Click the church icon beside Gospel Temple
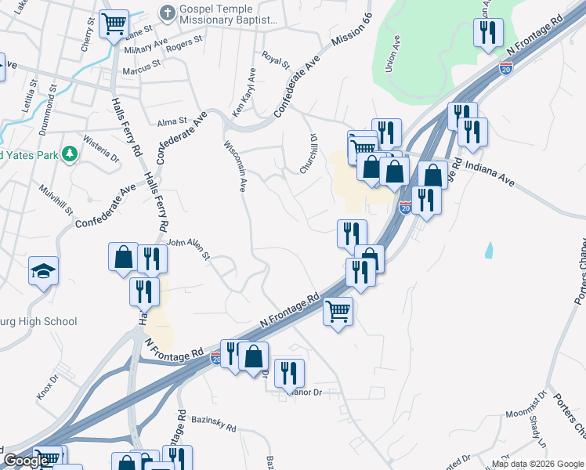(x=167, y=13)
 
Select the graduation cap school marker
(x=44, y=273)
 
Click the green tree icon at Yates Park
(x=70, y=154)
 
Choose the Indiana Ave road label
(x=491, y=173)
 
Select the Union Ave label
(x=393, y=54)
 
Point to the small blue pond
(x=490, y=251)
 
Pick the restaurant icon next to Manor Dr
(x=289, y=373)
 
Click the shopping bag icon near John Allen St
(x=123, y=257)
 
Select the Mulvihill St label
(x=57, y=201)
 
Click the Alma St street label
(x=172, y=122)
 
